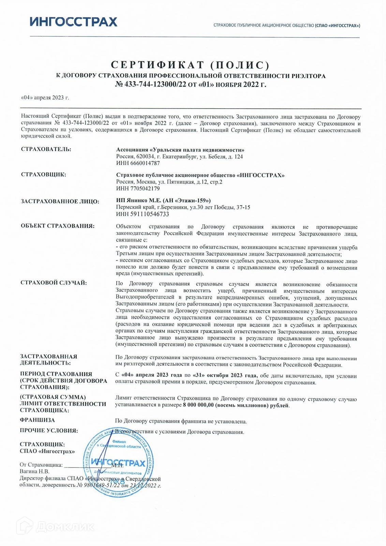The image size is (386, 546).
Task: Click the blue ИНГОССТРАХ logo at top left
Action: point(73,22)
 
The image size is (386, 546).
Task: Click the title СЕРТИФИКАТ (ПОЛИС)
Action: point(191,65)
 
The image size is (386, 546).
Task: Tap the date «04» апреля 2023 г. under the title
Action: point(45,98)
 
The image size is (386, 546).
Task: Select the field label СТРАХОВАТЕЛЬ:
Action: point(46,149)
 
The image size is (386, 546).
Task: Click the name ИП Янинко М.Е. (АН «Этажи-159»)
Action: point(163,200)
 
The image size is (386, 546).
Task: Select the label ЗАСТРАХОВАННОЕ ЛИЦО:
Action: point(60,201)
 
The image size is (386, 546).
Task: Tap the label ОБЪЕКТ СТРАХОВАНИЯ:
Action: point(58,226)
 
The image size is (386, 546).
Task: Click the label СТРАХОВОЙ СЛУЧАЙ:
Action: point(54,283)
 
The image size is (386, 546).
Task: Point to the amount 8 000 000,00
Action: point(198,405)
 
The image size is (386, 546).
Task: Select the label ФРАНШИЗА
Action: point(38,420)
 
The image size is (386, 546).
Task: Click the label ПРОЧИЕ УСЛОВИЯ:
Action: point(49,431)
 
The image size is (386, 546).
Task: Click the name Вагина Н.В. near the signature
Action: point(34,471)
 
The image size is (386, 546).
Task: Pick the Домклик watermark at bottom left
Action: point(56,527)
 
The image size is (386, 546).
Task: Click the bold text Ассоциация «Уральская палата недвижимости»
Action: point(180,150)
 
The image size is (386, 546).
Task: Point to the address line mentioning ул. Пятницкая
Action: point(169,182)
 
